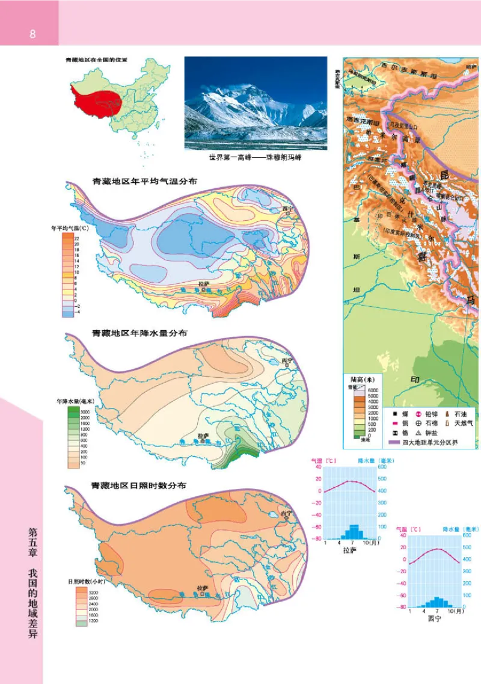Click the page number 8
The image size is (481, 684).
32,34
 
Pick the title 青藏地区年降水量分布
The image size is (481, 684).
139,333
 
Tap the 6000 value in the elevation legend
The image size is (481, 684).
373,391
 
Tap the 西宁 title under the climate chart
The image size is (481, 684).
434,618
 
